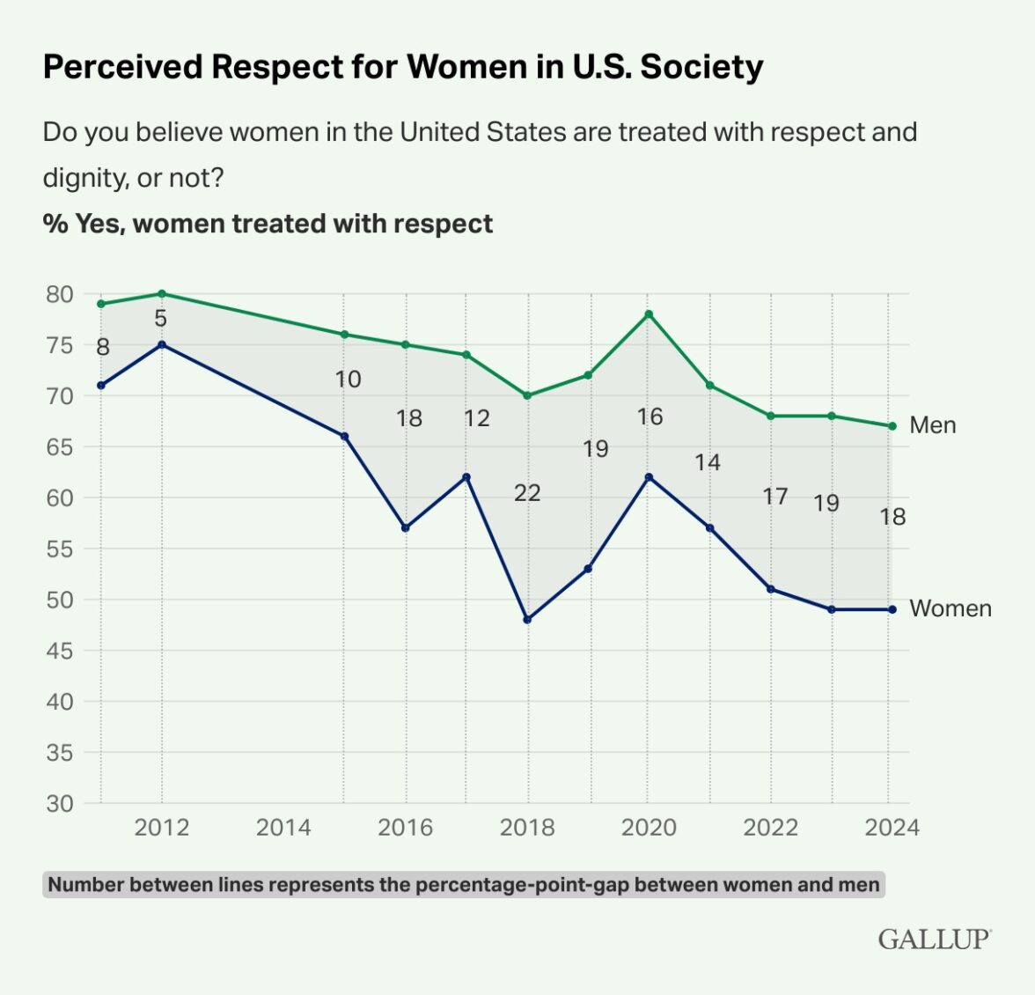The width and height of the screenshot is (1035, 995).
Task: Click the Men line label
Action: (x=932, y=425)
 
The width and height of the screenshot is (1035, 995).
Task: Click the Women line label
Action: (x=950, y=608)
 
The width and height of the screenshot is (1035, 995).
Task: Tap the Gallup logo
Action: (x=934, y=939)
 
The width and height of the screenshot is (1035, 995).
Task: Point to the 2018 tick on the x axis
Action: (x=527, y=828)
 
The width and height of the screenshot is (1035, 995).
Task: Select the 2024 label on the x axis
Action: (x=892, y=828)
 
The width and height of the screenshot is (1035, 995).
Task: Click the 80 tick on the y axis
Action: (x=60, y=294)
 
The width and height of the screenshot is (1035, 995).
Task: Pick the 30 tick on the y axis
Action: (x=60, y=803)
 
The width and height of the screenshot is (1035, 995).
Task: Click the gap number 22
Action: (x=527, y=493)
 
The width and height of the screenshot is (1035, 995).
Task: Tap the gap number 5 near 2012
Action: (x=160, y=319)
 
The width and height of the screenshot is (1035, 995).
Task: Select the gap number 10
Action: (x=348, y=380)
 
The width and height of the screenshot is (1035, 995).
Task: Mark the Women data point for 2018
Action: (x=527, y=620)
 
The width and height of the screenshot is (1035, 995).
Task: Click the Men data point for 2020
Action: (x=649, y=314)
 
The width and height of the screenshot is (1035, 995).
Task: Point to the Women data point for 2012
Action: (x=162, y=344)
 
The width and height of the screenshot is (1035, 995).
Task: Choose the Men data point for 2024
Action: (x=892, y=426)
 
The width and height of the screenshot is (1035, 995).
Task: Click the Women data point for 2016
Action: (x=406, y=528)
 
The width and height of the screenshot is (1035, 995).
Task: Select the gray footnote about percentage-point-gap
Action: (x=464, y=885)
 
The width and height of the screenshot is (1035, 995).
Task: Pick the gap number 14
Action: (x=708, y=462)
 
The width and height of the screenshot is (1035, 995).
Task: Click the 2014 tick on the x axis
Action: (x=283, y=828)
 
